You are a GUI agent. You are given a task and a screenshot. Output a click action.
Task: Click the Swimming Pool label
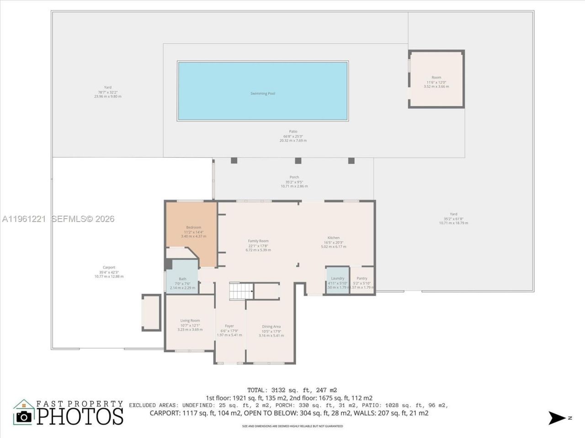263,94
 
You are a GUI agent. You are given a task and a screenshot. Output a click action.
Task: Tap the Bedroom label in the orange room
193,227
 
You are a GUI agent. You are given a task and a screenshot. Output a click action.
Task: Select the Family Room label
258,241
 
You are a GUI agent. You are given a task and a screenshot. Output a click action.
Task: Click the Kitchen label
334,238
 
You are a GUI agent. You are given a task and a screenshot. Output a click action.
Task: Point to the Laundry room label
338,278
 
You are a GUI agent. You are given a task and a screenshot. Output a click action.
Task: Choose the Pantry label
362,278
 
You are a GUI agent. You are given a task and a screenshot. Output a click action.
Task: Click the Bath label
182,279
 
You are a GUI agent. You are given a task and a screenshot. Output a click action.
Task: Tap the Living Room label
190,321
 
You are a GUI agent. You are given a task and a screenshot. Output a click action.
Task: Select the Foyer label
229,326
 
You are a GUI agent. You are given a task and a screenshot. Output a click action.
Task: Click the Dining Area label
271,326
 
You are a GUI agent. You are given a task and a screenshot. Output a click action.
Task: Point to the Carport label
109,267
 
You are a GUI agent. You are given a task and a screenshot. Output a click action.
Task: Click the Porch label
294,177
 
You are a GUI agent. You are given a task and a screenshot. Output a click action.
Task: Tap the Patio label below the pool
293,131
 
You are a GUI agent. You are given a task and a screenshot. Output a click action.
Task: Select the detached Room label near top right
436,78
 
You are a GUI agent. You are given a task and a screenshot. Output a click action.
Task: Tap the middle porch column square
298,161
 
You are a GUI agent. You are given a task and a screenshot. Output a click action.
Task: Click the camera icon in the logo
24,416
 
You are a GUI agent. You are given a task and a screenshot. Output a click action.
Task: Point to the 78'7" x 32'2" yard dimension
108,92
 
